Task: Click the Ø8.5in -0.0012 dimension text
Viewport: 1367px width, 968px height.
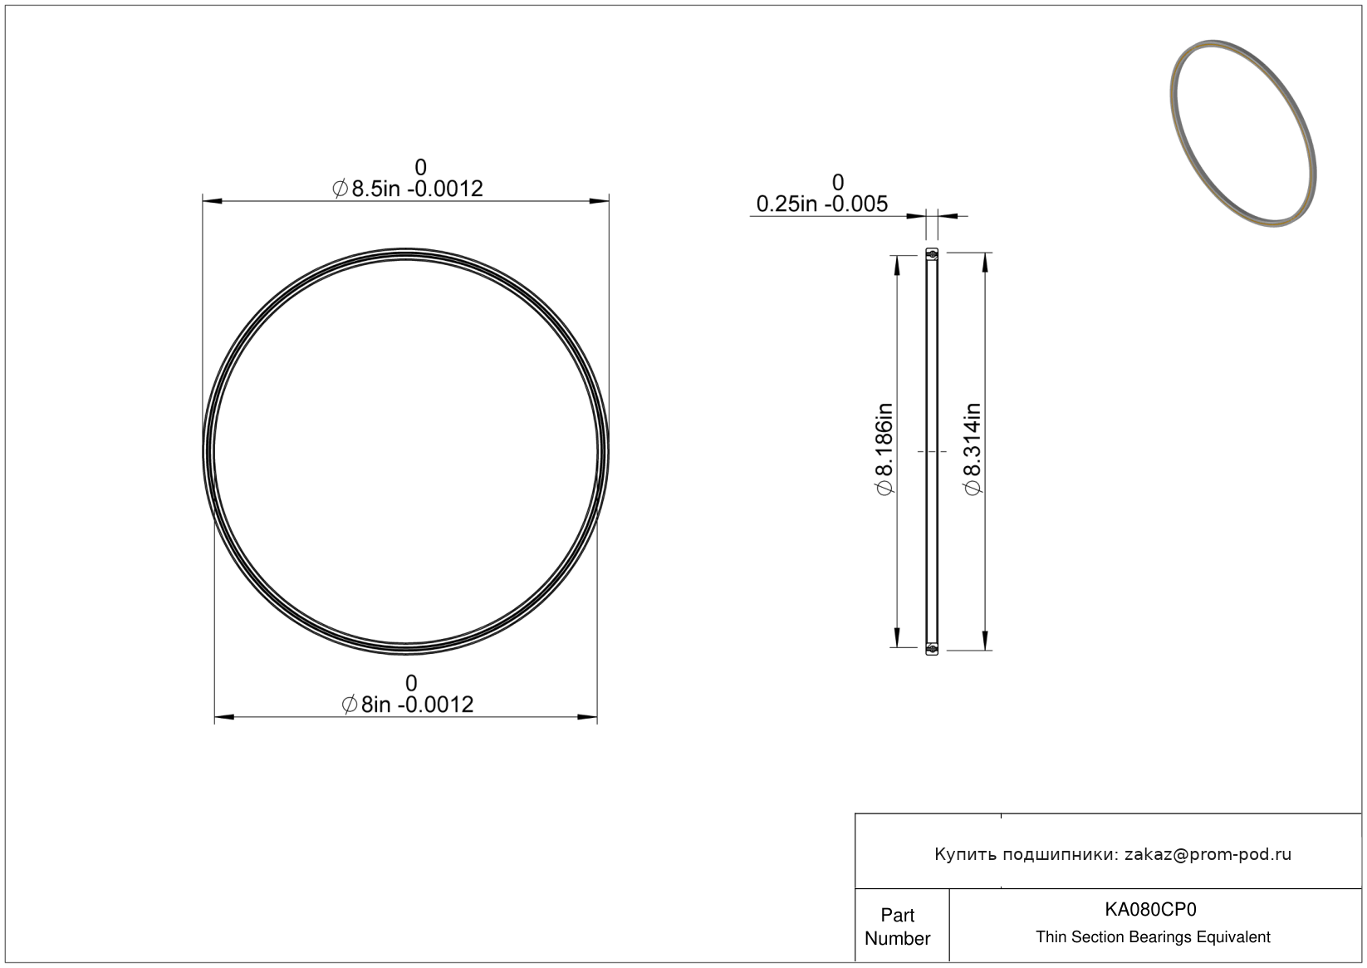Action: (x=408, y=189)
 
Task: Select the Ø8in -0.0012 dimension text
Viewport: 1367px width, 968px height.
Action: (x=408, y=705)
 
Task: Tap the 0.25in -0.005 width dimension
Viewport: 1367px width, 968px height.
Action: (x=821, y=204)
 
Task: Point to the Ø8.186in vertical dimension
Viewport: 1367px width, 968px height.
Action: (x=884, y=450)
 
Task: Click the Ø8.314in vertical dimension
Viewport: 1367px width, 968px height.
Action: (x=973, y=450)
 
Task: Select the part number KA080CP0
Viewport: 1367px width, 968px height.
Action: (x=1150, y=909)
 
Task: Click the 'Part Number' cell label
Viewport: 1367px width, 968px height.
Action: (x=897, y=926)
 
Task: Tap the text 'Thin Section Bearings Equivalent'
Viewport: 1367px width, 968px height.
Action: (x=1153, y=937)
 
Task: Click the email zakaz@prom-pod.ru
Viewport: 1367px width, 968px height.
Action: (x=1208, y=854)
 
